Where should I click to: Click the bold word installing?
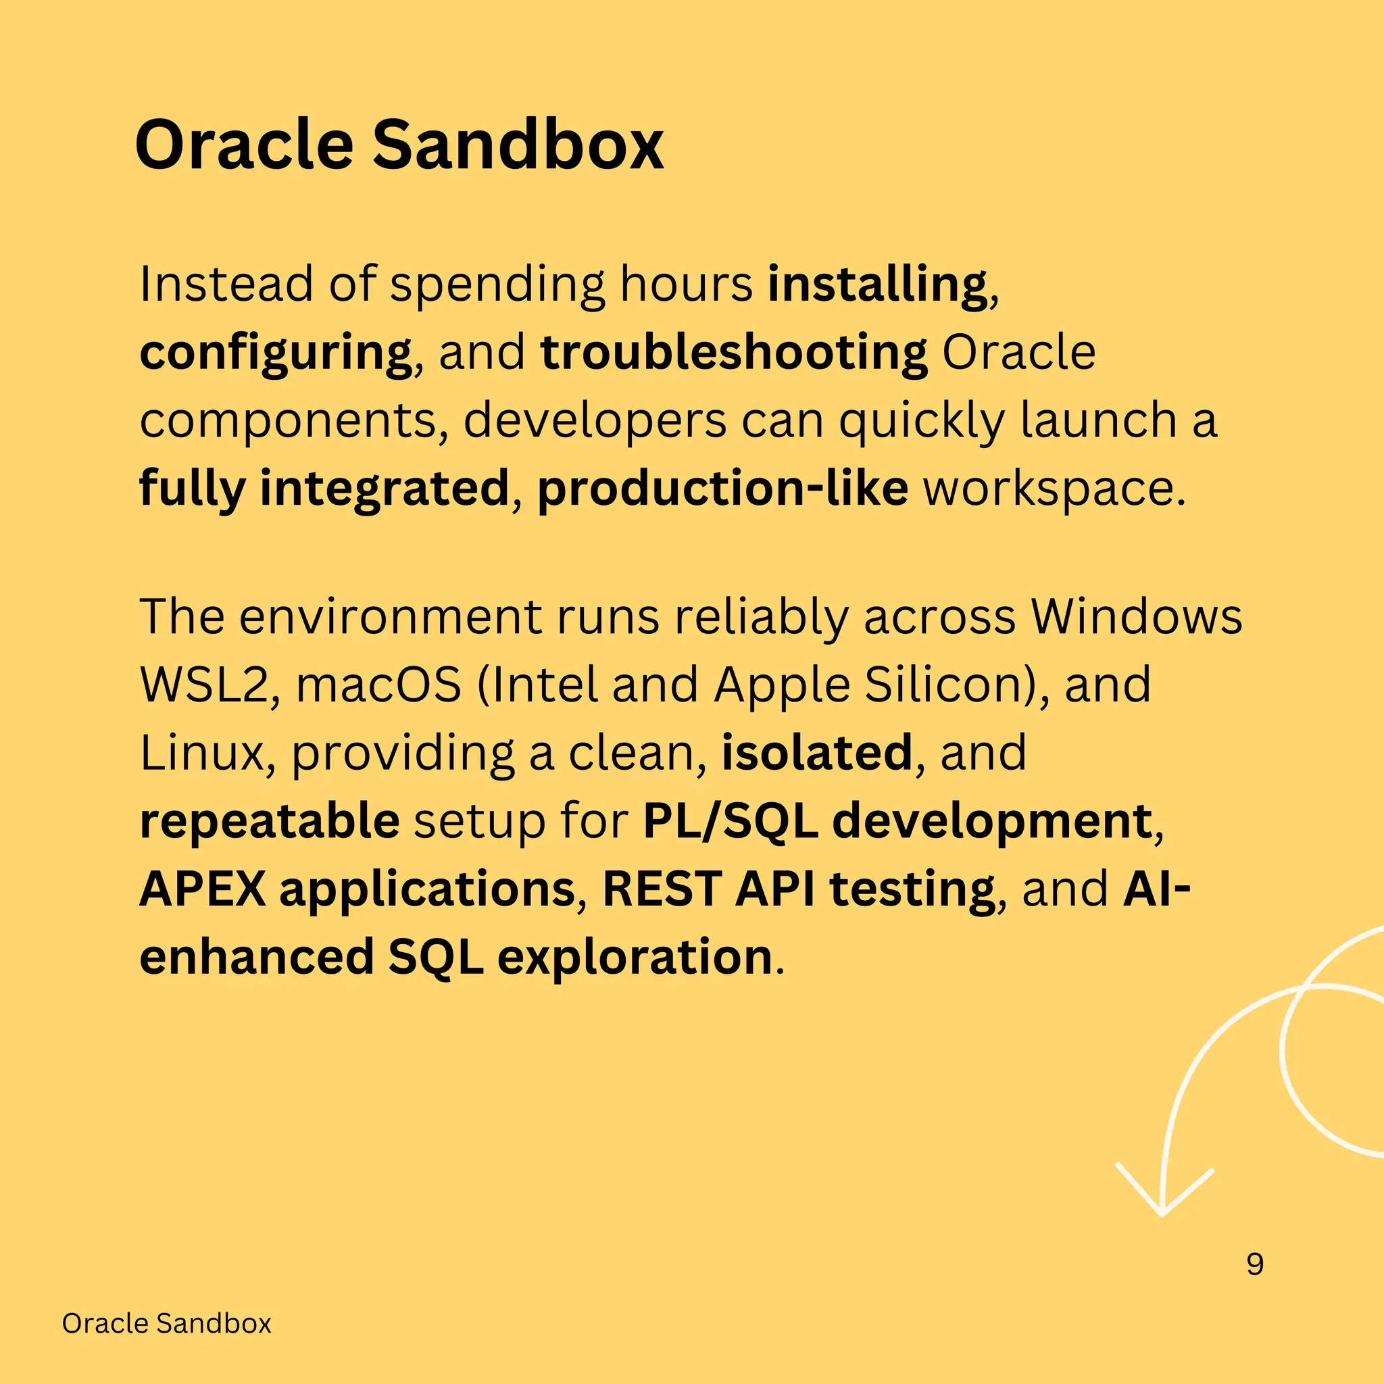[x=876, y=285]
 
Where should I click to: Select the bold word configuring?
[x=275, y=353]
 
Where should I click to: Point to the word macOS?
[x=378, y=685]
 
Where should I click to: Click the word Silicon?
[x=947, y=685]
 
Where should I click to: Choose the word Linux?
[x=202, y=753]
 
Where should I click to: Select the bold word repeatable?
[x=270, y=822]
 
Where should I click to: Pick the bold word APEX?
[x=203, y=890]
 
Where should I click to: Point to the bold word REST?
[x=662, y=890]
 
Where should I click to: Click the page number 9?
[x=1255, y=1264]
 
